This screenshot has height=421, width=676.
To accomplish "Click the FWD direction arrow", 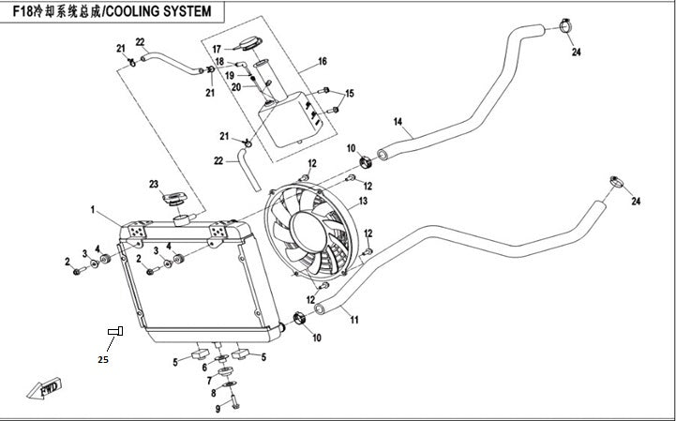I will [46, 387].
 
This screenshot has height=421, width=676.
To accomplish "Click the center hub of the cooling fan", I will [312, 230].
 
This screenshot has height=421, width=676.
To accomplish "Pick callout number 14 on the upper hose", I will [398, 122].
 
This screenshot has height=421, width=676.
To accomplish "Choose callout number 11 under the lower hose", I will [354, 320].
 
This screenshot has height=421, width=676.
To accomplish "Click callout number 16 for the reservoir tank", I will [322, 61].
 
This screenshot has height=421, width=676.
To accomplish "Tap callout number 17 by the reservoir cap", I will [216, 49].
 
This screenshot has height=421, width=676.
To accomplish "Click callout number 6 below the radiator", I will [204, 367].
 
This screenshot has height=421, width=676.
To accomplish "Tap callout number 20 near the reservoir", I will [211, 87].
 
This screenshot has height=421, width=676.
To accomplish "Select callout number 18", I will [218, 62].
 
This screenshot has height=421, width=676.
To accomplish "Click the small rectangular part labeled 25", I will [115, 331].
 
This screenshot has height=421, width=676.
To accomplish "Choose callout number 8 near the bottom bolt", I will [213, 393].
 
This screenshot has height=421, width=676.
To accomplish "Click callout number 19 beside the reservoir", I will [215, 75].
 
